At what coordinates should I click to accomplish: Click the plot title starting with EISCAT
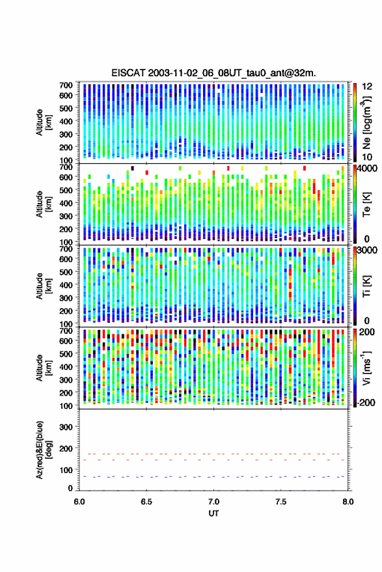coord(214,73)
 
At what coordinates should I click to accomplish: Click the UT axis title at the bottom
coord(214,513)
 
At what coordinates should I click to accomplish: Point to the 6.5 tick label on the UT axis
coord(146,502)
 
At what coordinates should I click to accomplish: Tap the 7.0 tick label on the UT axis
coord(214,502)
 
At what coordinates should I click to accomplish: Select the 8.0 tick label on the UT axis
coord(348,502)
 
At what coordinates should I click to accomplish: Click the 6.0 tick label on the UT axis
coord(79,502)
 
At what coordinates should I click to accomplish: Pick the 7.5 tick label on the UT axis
coord(281,502)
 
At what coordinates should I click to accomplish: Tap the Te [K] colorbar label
coord(366,204)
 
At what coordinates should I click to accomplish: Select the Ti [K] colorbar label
coord(366,286)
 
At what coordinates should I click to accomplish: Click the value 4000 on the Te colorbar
coord(368,169)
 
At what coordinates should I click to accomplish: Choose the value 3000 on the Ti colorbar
coord(368,251)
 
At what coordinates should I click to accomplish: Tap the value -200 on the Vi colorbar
coord(365,402)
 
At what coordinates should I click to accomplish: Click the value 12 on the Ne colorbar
coord(367,86)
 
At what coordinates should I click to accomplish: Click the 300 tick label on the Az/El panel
coord(66,427)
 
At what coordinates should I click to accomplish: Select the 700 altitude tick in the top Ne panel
coord(66,85)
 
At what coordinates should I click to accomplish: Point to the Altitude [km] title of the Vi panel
coord(44,368)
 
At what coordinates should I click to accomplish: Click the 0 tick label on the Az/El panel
coord(70,488)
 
